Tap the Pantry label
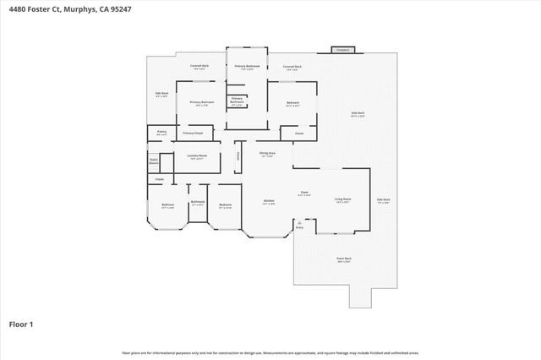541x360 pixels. (x=161, y=132)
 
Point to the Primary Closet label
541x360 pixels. (x=193, y=133)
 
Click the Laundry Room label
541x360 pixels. (x=197, y=156)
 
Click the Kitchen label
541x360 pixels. (x=268, y=202)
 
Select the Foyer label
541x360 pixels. (x=304, y=194)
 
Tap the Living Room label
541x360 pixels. (x=342, y=200)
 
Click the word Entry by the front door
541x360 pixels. (x=299, y=227)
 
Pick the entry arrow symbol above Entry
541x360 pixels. (x=299, y=221)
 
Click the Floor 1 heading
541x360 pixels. (x=22, y=324)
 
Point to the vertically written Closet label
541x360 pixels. (x=238, y=155)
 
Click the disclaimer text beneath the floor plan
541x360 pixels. (x=270, y=352)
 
